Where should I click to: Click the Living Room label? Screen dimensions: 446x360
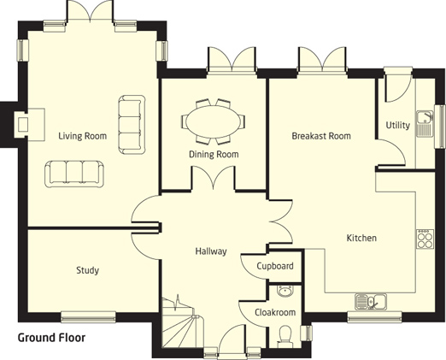coord(83,136)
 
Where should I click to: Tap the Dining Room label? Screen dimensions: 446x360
coord(214,154)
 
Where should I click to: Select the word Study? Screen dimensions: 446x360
coord(88,270)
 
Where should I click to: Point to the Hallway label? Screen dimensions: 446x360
coord(211,251)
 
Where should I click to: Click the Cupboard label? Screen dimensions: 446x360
coord(275,266)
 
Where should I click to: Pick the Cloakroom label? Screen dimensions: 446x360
coord(275,312)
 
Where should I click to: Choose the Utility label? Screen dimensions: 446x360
coord(398,125)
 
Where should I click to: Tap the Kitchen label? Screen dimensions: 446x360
coord(361,238)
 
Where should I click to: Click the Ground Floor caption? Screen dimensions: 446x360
coord(51,338)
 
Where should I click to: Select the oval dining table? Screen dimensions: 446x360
coord(214,121)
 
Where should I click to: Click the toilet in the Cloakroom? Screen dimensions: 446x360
coord(285,336)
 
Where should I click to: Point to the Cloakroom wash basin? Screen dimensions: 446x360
coord(285,292)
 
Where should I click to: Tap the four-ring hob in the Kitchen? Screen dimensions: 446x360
coord(425,239)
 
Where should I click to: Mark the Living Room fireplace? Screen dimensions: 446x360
coord(29,124)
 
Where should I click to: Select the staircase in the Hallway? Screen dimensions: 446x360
coord(183,322)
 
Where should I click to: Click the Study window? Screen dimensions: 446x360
coord(88,317)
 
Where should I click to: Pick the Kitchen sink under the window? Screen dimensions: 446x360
coord(371,302)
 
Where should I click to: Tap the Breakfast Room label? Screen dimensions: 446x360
coord(321,136)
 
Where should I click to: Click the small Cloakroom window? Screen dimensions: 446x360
coord(306,333)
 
